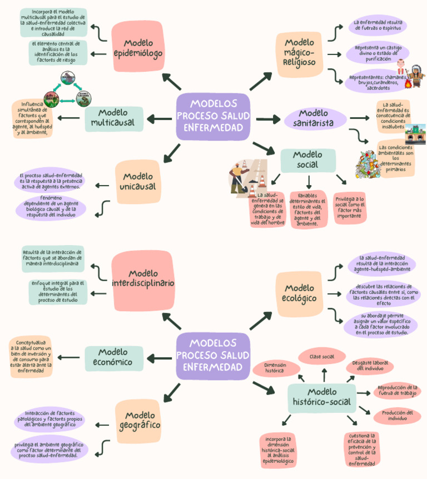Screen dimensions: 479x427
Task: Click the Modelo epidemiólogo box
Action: (137, 48)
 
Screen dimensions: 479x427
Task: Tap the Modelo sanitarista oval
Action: (315, 118)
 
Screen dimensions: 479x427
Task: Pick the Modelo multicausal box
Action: (113, 118)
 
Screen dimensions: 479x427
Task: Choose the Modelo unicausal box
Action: (138, 182)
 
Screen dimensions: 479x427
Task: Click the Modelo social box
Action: (307, 161)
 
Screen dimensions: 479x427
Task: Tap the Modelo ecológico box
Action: (300, 293)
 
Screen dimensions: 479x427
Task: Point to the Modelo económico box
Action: (113, 358)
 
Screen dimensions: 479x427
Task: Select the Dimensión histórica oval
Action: (276, 367)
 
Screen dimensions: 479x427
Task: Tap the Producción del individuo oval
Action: (397, 416)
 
